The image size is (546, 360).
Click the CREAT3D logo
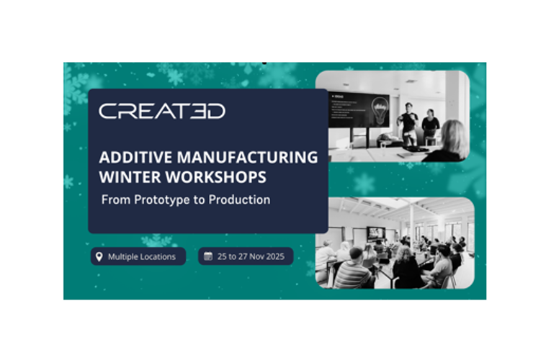[162, 111]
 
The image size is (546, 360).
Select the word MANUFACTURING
[249, 157]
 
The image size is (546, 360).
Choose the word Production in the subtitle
[240, 199]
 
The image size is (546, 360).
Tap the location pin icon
[99, 256]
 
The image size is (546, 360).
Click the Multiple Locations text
[142, 256]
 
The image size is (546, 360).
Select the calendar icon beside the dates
[207, 256]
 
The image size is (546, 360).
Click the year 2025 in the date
[275, 256]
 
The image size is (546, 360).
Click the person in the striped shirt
[353, 269]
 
